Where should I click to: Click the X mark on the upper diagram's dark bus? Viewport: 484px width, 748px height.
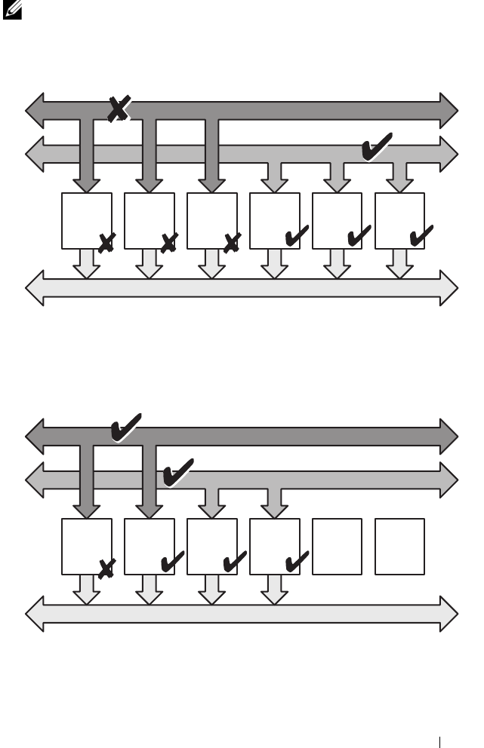click(x=118, y=109)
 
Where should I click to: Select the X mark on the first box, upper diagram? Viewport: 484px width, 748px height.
click(x=106, y=241)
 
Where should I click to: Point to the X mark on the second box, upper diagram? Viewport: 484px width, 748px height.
click(x=168, y=241)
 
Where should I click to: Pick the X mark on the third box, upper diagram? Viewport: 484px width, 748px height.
click(x=231, y=241)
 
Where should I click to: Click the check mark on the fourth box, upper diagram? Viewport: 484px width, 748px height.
click(x=295, y=238)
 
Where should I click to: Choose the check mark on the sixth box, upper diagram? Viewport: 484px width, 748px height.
click(x=421, y=238)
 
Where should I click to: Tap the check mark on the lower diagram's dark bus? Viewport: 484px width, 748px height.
click(x=125, y=428)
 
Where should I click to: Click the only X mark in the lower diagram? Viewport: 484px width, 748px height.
click(x=106, y=568)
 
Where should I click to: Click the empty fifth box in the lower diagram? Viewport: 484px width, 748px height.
click(x=337, y=546)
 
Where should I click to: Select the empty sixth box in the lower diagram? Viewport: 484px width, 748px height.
click(x=399, y=546)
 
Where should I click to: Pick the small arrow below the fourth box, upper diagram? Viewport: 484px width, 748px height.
click(x=274, y=262)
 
